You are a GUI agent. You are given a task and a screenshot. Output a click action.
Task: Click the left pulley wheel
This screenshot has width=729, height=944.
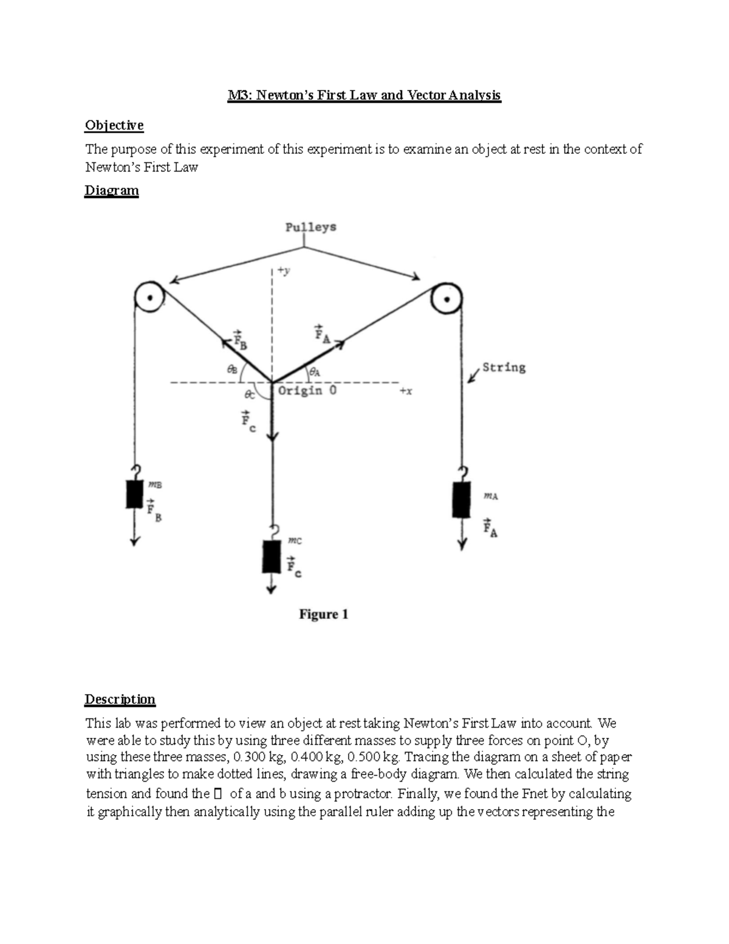[149, 298]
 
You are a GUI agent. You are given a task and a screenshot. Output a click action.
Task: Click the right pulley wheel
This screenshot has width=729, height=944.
[447, 298]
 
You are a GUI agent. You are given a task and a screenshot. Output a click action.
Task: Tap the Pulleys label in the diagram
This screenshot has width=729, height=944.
[310, 227]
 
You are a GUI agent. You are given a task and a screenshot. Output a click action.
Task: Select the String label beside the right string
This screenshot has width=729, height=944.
[504, 367]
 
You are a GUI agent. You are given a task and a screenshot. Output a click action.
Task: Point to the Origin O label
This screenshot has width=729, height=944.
[307, 390]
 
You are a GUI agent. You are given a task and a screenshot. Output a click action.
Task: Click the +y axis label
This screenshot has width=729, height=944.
[284, 271]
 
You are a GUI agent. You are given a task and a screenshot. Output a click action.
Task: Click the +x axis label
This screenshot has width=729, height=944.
[406, 391]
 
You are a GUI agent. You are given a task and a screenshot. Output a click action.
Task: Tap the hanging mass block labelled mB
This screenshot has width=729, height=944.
[134, 494]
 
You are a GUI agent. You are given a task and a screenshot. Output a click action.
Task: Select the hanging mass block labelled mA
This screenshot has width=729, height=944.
[462, 499]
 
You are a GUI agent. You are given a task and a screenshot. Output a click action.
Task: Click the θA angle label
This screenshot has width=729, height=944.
[315, 371]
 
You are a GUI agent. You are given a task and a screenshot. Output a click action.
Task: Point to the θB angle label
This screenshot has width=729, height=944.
[232, 368]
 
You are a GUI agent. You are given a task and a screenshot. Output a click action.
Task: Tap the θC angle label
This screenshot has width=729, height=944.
[249, 394]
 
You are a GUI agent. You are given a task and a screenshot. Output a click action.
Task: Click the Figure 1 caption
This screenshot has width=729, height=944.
[323, 614]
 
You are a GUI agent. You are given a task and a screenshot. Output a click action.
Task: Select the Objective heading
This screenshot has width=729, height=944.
[114, 125]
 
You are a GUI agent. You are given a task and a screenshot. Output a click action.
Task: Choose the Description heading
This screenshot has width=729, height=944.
[120, 699]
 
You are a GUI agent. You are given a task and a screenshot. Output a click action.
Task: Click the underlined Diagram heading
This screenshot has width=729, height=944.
[112, 190]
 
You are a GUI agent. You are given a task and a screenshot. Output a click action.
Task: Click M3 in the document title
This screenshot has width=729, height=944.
[238, 95]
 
